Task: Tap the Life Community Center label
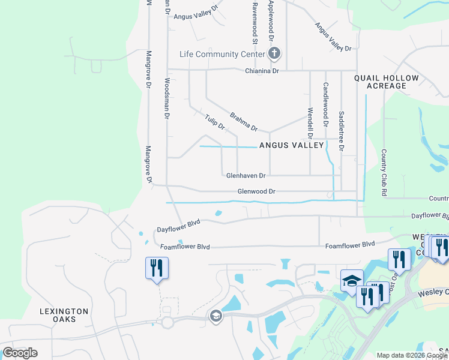point(222,55)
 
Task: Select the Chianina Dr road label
point(262,71)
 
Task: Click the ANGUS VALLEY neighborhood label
point(291,145)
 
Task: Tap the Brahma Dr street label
point(243,121)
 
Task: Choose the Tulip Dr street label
point(214,122)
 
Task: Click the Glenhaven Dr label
point(246,176)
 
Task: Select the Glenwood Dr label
point(256,191)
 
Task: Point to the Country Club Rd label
point(383,173)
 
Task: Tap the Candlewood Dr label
point(326,104)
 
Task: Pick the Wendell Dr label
point(310,122)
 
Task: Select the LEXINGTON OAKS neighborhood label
point(64,315)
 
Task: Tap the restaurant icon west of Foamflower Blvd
point(157,268)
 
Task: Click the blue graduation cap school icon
point(352,280)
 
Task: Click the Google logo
point(20,353)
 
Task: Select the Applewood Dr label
point(271,21)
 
